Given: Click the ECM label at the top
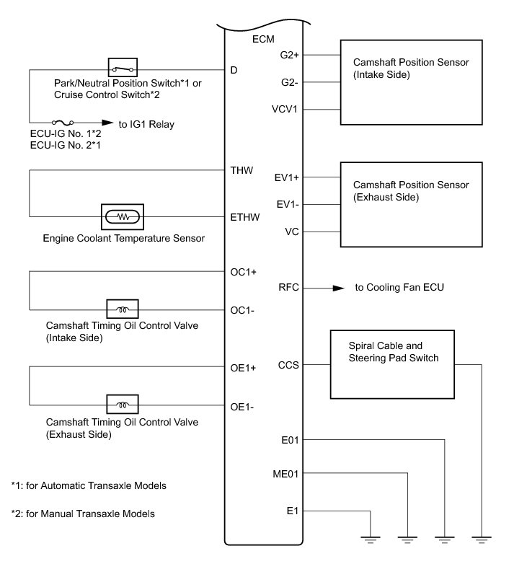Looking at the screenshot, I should pyautogui.click(x=265, y=38).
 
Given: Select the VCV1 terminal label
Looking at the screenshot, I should pyautogui.click(x=291, y=110).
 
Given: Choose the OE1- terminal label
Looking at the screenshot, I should pyautogui.click(x=242, y=406).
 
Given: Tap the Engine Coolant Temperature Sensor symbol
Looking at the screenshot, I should pyautogui.click(x=123, y=216).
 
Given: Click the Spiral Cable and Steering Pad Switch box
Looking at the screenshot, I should pyautogui.click(x=392, y=364).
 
